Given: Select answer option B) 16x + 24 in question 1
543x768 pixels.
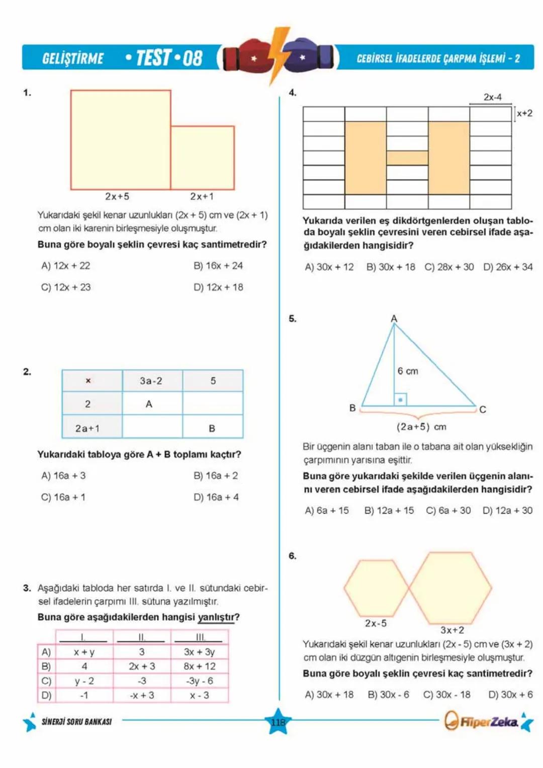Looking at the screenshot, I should [218, 266].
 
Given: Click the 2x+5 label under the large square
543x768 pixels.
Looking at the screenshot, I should [117, 196].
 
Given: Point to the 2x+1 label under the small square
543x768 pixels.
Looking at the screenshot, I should [202, 196].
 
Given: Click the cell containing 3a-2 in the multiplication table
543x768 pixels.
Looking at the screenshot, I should [151, 381].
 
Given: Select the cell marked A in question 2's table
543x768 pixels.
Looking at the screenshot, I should [149, 404].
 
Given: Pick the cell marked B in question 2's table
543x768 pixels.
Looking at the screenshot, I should [212, 429].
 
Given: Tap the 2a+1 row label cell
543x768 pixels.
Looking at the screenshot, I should [88, 429].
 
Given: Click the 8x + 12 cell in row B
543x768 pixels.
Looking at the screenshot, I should [200, 666].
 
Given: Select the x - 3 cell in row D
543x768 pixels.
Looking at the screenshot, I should [200, 695].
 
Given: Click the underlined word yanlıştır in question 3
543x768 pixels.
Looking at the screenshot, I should [216, 617].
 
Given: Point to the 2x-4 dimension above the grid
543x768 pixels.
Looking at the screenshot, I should [492, 97].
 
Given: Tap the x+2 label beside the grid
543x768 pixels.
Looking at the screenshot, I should [524, 113].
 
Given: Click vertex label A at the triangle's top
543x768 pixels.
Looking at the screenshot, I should [394, 318].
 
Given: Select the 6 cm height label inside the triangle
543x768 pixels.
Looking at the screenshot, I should [408, 371].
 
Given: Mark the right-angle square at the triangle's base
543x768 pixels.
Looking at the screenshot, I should [400, 399].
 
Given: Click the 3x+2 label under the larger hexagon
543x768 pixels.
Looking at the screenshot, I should [452, 630].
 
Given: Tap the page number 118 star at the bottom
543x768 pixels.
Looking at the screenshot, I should [278, 722].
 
